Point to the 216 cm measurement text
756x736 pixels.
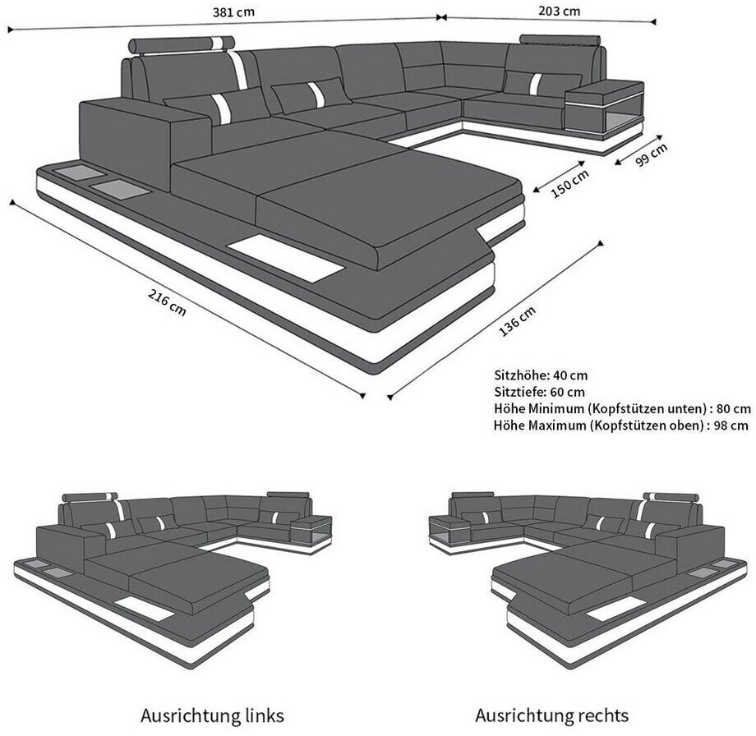coord(166,303)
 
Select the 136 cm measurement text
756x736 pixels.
coord(518,322)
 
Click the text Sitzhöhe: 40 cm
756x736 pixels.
coord(541,375)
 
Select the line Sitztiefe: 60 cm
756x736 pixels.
coord(540,392)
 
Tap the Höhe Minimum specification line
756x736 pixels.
coord(622,408)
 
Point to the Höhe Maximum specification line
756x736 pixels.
coord(621,425)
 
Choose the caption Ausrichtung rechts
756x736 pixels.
coord(552,715)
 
